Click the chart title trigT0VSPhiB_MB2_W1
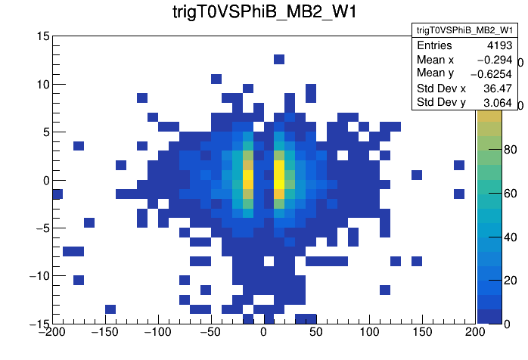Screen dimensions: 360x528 [x=263, y=13]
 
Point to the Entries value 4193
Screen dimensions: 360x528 [x=499, y=45]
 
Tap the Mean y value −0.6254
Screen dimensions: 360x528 [x=491, y=73]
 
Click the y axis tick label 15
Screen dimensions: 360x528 [x=42, y=36]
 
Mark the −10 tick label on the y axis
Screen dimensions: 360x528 [x=37, y=276]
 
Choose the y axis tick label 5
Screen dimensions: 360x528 [x=45, y=132]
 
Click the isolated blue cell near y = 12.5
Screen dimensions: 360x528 [x=279, y=60]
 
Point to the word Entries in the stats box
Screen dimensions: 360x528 [x=435, y=45]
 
